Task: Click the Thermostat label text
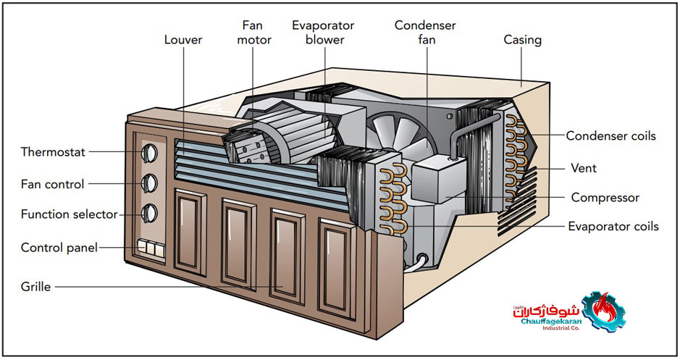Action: click(53, 152)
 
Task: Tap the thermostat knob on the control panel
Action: click(148, 153)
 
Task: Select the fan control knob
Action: click(148, 183)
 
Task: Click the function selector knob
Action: click(148, 213)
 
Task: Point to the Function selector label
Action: click(70, 214)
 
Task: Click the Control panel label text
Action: click(59, 248)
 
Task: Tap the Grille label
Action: click(35, 287)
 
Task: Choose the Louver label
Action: click(183, 40)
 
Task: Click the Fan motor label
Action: click(254, 33)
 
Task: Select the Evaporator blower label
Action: click(323, 33)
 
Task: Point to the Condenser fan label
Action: click(425, 33)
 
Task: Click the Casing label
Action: click(523, 40)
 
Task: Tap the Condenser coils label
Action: click(610, 135)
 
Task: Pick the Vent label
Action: click(584, 168)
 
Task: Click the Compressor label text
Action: click(605, 198)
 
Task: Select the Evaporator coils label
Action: click(613, 227)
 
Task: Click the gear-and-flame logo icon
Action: click(604, 311)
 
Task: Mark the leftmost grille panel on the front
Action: click(190, 232)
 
